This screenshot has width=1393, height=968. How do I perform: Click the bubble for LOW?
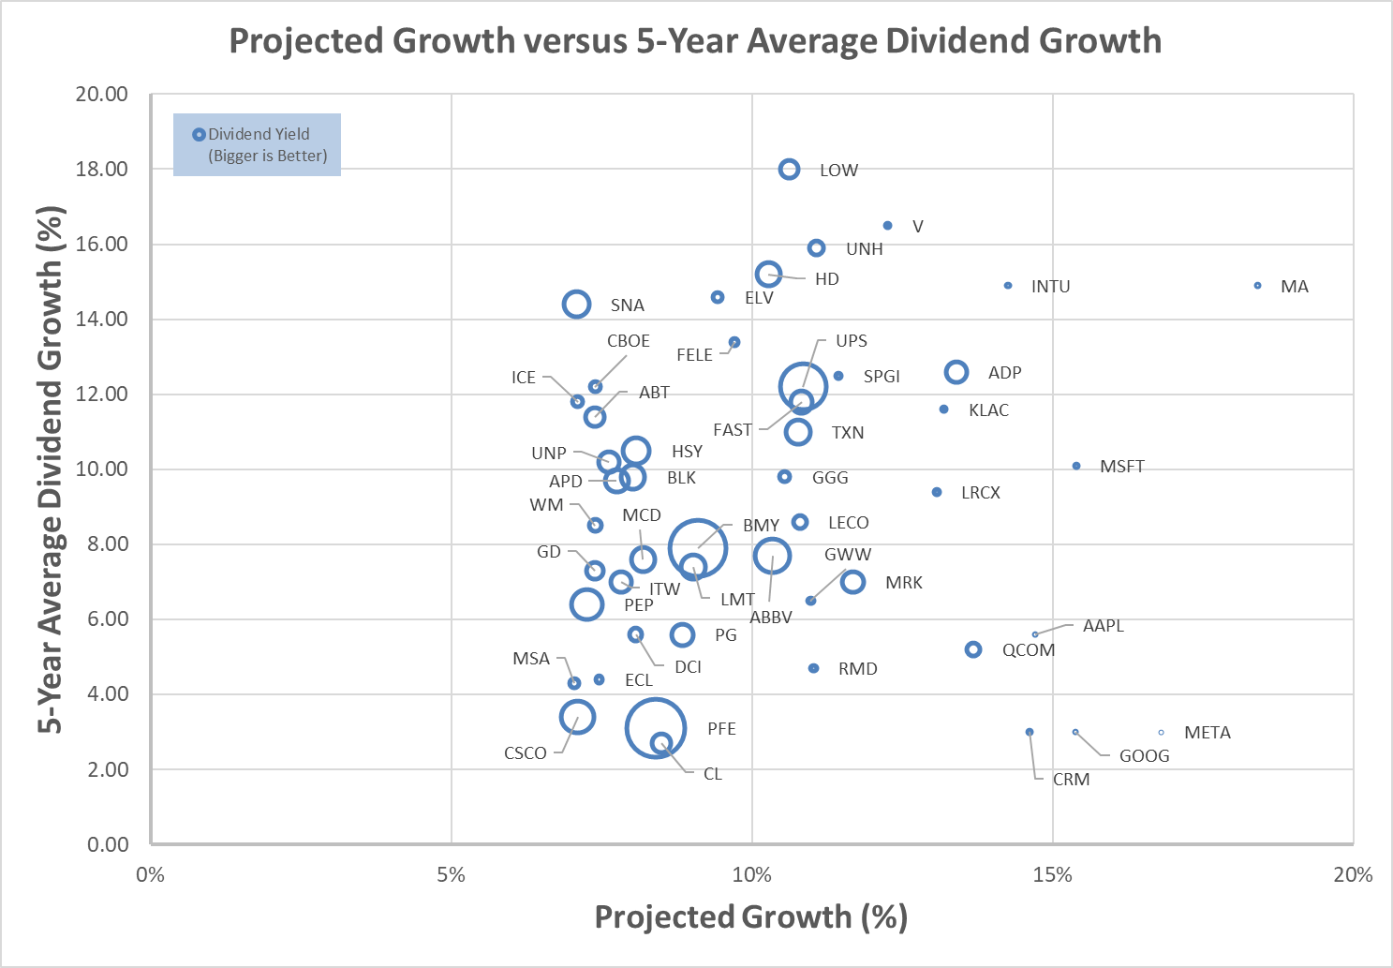coord(789,170)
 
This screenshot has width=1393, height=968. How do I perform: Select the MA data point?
coord(1257,286)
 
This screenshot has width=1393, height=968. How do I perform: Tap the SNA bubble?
coord(576,304)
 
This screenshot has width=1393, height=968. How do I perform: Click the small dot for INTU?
coord(1008,286)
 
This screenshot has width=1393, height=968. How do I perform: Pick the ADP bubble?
coord(956,372)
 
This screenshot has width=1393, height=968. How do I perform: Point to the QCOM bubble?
coord(973,649)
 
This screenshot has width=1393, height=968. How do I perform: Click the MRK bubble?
coord(852,582)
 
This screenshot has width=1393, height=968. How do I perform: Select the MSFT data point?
coord(1076,466)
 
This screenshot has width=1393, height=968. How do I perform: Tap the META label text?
coord(1207,733)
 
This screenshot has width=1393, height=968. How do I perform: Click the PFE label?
coord(721,729)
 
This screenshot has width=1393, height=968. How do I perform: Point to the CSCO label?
coord(525,753)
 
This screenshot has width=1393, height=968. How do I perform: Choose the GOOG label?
coord(1144,756)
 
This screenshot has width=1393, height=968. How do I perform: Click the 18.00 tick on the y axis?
coord(102,170)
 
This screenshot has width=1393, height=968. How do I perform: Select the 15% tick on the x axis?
coord(1052,875)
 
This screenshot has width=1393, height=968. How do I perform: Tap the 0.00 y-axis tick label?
coord(108,844)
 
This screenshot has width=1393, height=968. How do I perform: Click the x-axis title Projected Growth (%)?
coord(750,916)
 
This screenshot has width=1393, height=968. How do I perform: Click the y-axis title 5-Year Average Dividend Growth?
coord(52,469)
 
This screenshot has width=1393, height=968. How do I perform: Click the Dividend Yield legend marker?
coord(199,135)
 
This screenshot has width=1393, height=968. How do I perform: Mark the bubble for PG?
coord(682,634)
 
